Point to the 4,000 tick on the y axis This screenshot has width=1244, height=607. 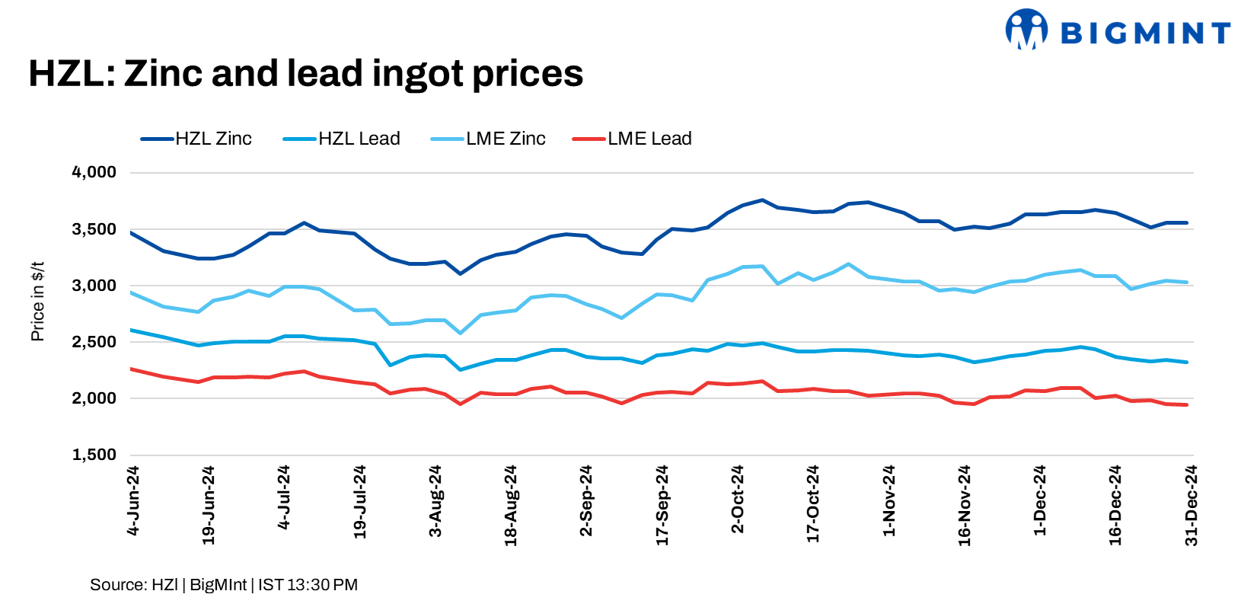pyautogui.click(x=94, y=173)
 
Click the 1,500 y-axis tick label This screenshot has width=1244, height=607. pyautogui.click(x=94, y=455)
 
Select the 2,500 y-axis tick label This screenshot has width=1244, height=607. pyautogui.click(x=94, y=342)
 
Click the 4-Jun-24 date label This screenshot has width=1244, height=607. pyautogui.click(x=133, y=500)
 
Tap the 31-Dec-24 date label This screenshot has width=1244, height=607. pyautogui.click(x=1191, y=505)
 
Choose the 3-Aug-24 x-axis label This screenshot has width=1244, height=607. pyautogui.click(x=435, y=501)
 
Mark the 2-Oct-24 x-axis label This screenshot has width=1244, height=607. pyautogui.click(x=738, y=500)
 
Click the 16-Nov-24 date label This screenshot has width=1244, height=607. pyautogui.click(x=965, y=505)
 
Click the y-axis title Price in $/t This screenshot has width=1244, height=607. pyautogui.click(x=37, y=302)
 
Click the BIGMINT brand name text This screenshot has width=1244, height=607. pyautogui.click(x=1145, y=33)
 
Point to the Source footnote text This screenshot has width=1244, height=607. pyautogui.click(x=224, y=585)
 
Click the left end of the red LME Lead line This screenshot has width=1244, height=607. pyautogui.click(x=131, y=369)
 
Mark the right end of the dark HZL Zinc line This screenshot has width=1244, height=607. pyautogui.click(x=1187, y=223)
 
